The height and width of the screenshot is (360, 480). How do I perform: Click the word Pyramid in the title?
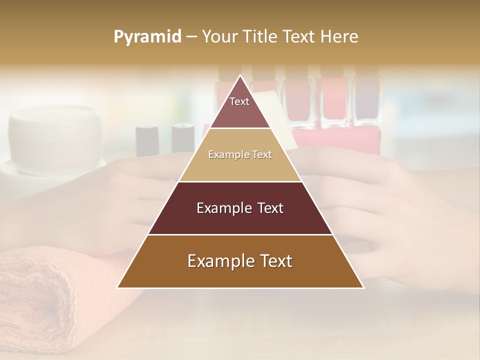point(147,37)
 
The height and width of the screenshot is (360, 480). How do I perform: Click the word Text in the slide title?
point(299,37)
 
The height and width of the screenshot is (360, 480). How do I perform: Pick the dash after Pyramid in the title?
point(191,37)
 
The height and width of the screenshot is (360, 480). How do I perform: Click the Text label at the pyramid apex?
point(239,102)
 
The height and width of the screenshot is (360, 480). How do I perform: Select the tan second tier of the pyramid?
point(240,167)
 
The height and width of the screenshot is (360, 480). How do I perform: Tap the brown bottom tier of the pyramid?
point(240,275)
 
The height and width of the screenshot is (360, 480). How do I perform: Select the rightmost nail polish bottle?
point(367,100)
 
